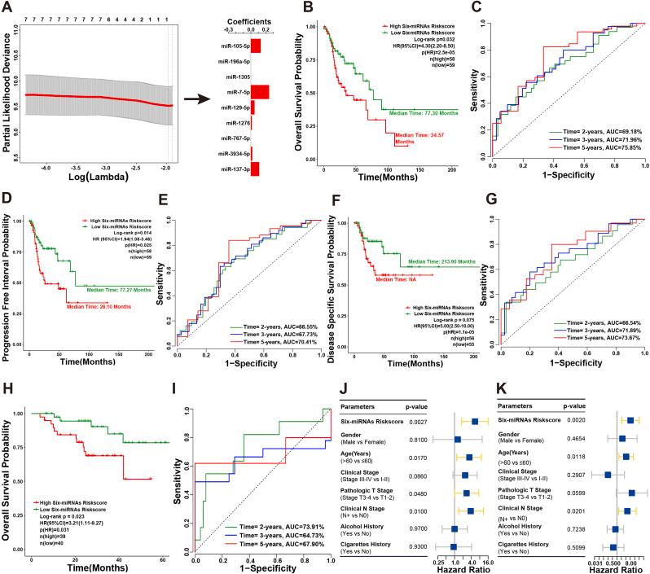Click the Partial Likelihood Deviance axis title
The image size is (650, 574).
point(8,90)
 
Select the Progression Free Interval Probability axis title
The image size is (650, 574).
point(8,277)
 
